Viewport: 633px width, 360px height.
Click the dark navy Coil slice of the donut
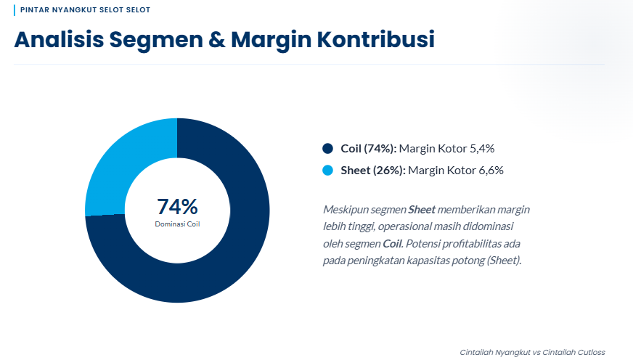pyautogui.click(x=240, y=247)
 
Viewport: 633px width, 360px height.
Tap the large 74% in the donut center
pyautogui.click(x=177, y=207)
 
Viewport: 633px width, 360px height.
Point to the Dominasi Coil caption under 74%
pyautogui.click(x=177, y=224)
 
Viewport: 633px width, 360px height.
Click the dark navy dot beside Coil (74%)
pyautogui.click(x=327, y=149)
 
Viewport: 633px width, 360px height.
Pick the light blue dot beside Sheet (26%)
pyautogui.click(x=327, y=171)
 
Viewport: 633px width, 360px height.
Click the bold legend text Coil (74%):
pyautogui.click(x=368, y=149)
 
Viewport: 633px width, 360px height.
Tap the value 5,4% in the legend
pyautogui.click(x=482, y=149)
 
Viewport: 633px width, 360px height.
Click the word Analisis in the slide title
pyautogui.click(x=58, y=39)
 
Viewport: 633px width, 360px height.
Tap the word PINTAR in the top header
pyautogui.click(x=34, y=11)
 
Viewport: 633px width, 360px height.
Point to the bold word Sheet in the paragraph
pyautogui.click(x=422, y=209)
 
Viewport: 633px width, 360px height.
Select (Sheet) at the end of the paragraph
pyautogui.click(x=504, y=261)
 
